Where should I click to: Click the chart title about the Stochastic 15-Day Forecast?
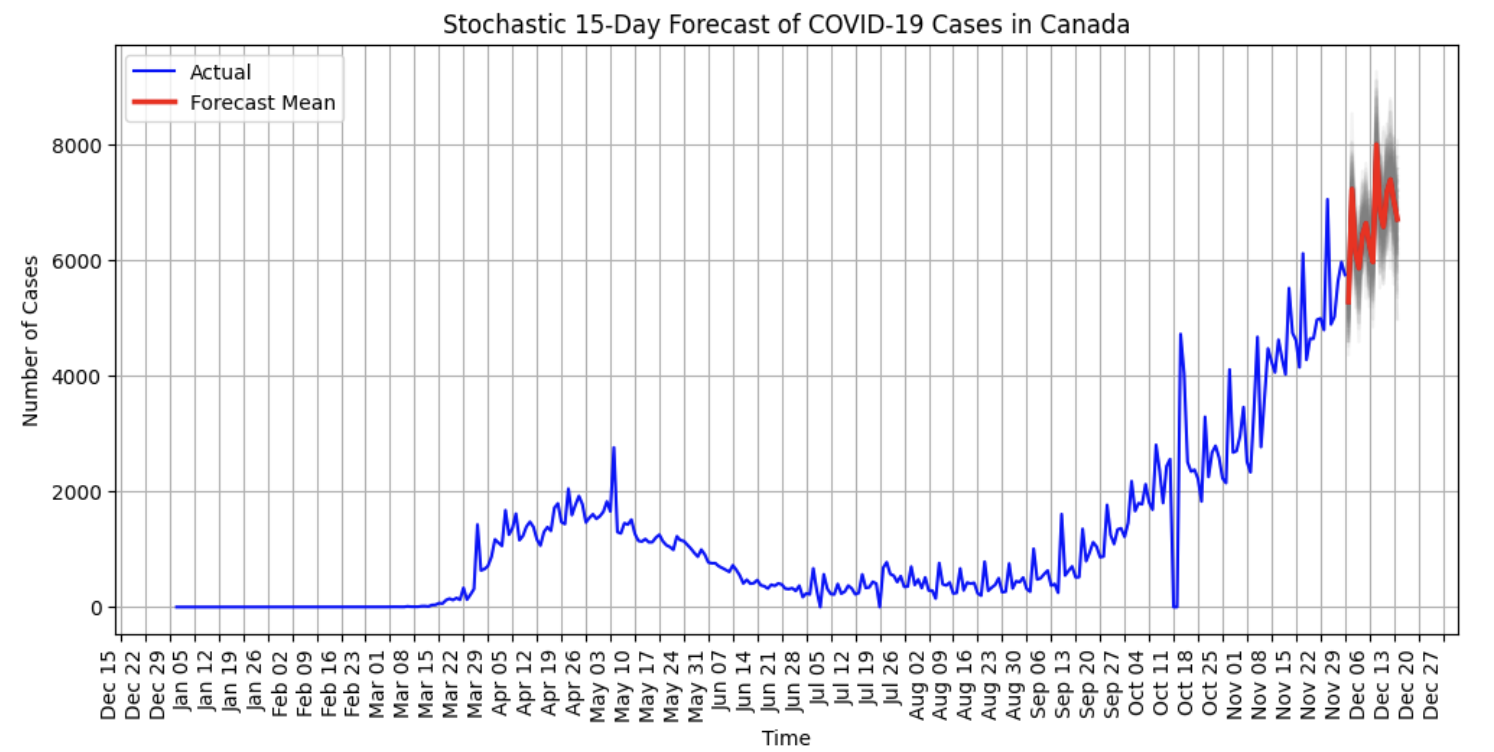(x=786, y=25)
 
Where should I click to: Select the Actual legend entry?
(x=220, y=73)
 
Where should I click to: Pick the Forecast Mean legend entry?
(x=262, y=103)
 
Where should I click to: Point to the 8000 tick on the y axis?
(x=77, y=146)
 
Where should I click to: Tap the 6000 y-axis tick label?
(x=77, y=261)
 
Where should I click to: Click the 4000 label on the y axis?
(x=77, y=376)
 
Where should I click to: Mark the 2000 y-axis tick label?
(x=77, y=492)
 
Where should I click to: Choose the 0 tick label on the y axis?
(x=96, y=608)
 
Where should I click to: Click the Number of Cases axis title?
(x=30, y=341)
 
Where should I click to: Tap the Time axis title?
(x=786, y=738)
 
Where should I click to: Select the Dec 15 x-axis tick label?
(x=108, y=685)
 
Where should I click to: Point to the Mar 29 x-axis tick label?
(x=475, y=685)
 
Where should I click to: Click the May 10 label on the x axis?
(x=622, y=685)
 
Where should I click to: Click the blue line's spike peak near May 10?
(x=614, y=447)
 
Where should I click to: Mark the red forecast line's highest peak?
(x=1376, y=144)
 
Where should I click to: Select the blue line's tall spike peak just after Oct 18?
(x=1180, y=334)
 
